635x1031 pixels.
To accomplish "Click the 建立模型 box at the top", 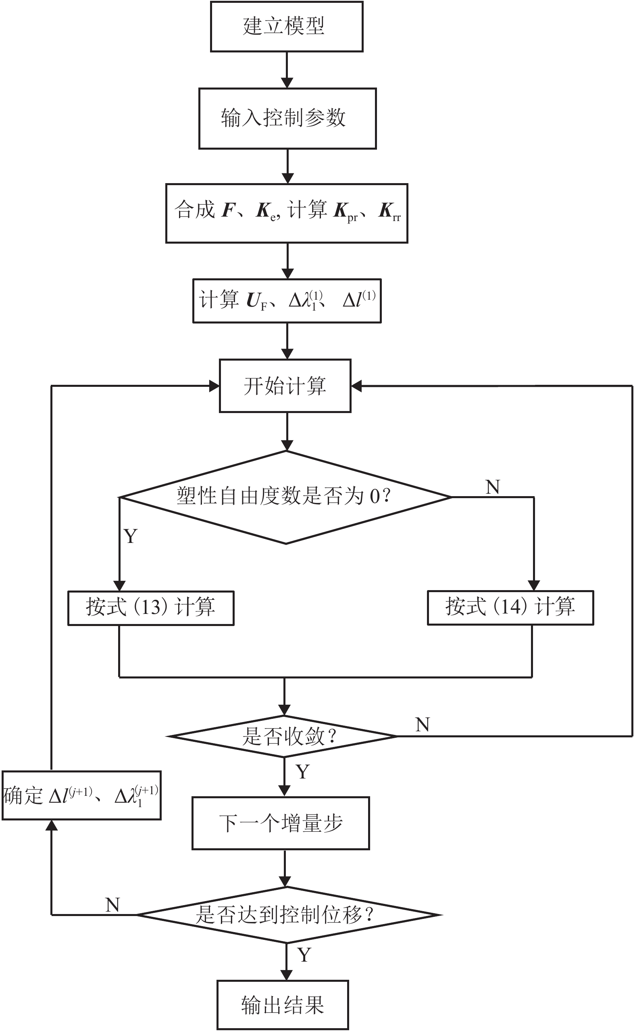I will coord(286,27).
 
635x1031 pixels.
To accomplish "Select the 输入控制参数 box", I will coord(287,118).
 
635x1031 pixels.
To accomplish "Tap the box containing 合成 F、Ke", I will coord(286,213).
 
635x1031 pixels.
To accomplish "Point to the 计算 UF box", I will coord(287,301).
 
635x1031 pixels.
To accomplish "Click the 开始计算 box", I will coord(285,386).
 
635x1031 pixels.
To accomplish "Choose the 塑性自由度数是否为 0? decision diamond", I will coord(285,497).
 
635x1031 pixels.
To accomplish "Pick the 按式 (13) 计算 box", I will coord(151,608).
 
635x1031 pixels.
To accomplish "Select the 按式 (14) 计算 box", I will coord(510,607).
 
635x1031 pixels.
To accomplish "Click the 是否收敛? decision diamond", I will coord(284,736).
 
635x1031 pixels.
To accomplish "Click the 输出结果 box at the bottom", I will coord(283,1004).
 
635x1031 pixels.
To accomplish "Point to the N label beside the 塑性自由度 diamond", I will coord(493,487).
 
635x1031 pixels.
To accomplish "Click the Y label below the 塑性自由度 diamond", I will coord(131,536).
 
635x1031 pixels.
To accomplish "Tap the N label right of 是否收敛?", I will coord(423,725).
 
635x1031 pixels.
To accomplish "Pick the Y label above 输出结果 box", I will coord(304,955).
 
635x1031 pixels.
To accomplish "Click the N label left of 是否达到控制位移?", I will coord(112,904).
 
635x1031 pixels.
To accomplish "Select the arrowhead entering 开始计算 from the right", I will coord(356,386).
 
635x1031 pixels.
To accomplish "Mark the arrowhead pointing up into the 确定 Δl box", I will coord(51,826).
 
